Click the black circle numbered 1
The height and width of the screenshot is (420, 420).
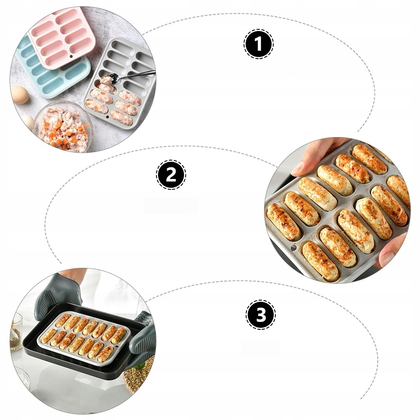(259, 44)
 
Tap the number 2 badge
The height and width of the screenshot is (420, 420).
(171, 174)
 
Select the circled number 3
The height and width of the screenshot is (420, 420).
(261, 315)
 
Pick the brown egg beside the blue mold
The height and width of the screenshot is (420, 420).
(20, 94)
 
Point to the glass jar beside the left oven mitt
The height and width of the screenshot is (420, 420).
(16, 331)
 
